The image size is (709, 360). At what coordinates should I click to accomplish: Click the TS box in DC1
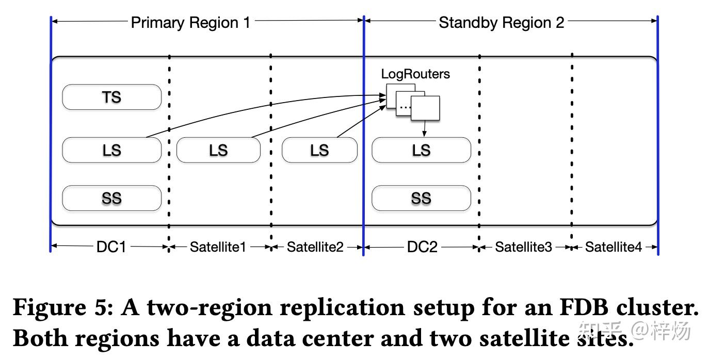point(111,97)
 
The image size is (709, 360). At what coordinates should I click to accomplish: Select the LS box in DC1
point(111,150)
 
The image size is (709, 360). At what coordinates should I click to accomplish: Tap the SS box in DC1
point(111,199)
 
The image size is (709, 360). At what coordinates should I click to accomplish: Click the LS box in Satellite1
point(218,150)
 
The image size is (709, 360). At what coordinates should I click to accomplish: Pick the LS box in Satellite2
point(319,150)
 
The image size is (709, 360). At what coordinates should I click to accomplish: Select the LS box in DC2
point(421,150)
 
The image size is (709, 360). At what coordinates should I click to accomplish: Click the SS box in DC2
point(421,199)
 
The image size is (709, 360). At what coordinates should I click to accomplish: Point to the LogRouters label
point(415,74)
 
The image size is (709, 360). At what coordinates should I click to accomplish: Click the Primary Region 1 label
point(190,23)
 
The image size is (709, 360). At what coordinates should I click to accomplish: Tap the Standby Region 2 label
point(501,23)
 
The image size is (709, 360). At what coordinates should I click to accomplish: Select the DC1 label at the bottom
point(111,247)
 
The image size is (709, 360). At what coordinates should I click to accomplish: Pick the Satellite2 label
point(315,247)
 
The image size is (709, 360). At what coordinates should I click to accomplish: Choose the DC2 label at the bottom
point(422,247)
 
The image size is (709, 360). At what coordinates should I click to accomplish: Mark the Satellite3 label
point(523,247)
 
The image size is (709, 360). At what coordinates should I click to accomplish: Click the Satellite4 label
point(613,247)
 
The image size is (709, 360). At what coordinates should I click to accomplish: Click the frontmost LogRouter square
point(426,109)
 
